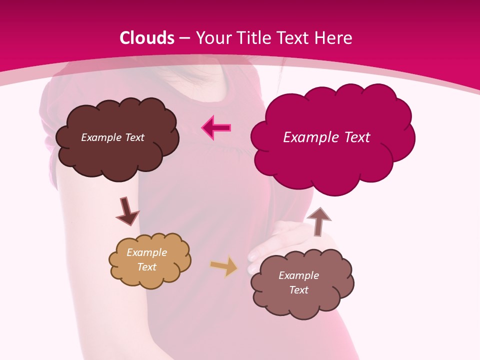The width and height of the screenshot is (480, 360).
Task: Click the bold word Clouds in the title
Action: click(147, 38)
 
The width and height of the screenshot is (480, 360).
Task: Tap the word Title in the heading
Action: click(252, 38)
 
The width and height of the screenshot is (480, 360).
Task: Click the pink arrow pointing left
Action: click(216, 128)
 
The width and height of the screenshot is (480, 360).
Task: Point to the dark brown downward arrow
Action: click(127, 211)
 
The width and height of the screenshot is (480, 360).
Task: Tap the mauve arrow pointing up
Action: click(318, 220)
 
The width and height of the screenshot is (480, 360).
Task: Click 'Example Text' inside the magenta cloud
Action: click(326, 137)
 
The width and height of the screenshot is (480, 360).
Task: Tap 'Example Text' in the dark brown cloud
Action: click(112, 137)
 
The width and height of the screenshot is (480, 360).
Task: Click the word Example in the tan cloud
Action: click(146, 252)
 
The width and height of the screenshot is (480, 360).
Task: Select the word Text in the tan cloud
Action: click(146, 267)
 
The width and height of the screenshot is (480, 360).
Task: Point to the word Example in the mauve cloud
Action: click(298, 275)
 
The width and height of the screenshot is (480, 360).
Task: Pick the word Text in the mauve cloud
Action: click(298, 290)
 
